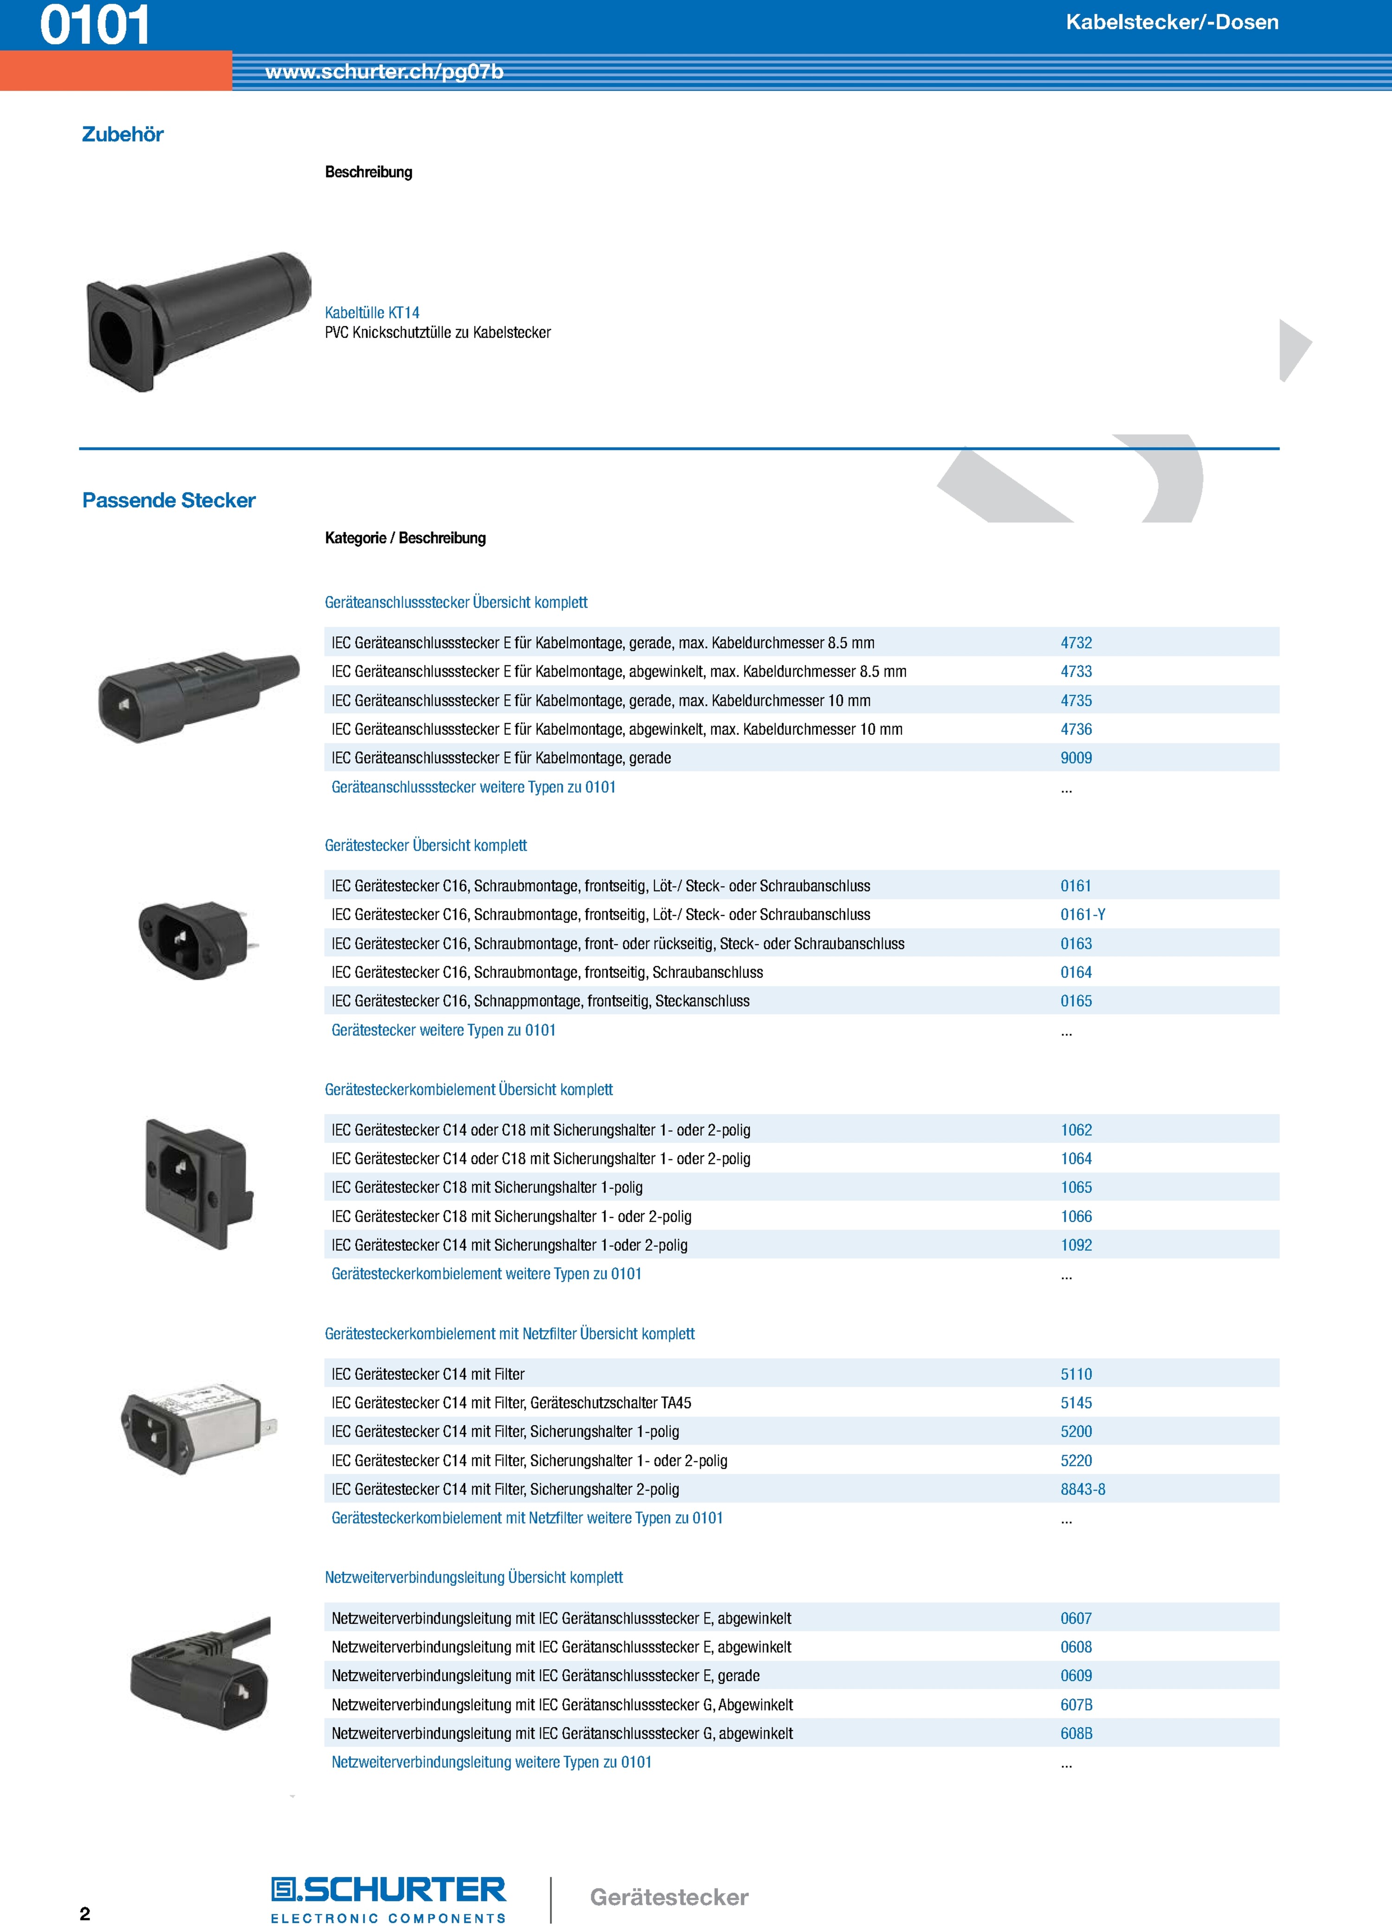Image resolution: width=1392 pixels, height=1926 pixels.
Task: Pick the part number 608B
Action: [x=1076, y=1734]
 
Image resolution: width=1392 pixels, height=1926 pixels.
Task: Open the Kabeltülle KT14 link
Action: [x=372, y=313]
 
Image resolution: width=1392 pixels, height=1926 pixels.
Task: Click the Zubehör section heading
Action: [x=122, y=134]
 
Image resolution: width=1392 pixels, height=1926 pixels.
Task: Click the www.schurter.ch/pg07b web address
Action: [x=384, y=72]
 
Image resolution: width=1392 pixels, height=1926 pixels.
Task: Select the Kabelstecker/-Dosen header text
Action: [x=1172, y=22]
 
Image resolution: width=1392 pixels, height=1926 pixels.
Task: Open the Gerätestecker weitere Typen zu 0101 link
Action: [x=443, y=1030]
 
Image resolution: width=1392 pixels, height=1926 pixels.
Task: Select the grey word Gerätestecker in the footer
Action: [x=669, y=1897]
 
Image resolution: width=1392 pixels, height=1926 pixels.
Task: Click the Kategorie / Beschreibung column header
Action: [x=405, y=538]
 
